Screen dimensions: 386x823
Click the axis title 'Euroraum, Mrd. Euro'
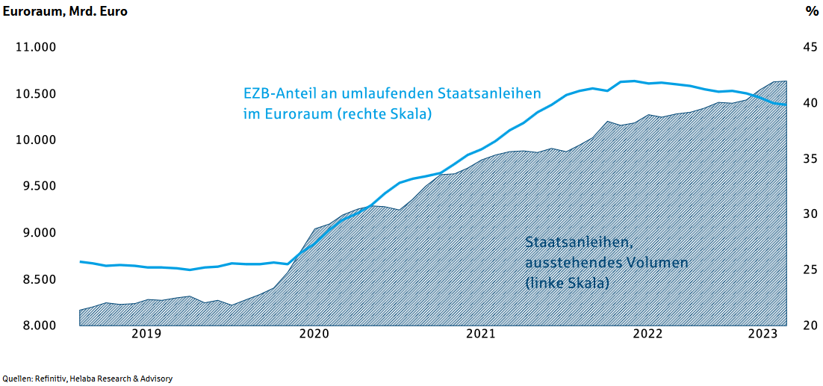66,12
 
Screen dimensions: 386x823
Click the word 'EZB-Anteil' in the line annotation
279,94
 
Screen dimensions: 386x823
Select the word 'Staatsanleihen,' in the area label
580,243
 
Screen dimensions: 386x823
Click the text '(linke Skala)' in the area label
567,283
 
